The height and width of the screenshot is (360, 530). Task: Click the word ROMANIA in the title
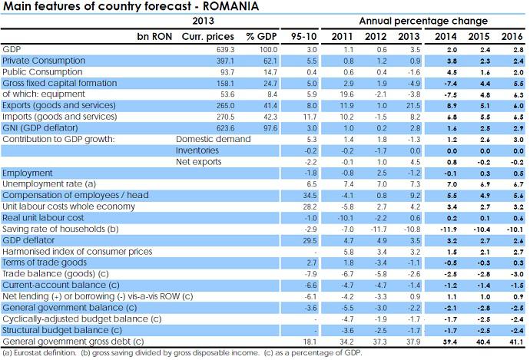(230, 7)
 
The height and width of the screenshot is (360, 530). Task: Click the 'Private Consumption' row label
(39, 59)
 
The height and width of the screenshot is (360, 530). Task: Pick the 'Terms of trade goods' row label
(41, 263)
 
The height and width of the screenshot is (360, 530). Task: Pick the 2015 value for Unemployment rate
(479, 184)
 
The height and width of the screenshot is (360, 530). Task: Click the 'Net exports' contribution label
(197, 162)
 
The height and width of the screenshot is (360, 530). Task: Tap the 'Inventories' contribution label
(197, 151)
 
